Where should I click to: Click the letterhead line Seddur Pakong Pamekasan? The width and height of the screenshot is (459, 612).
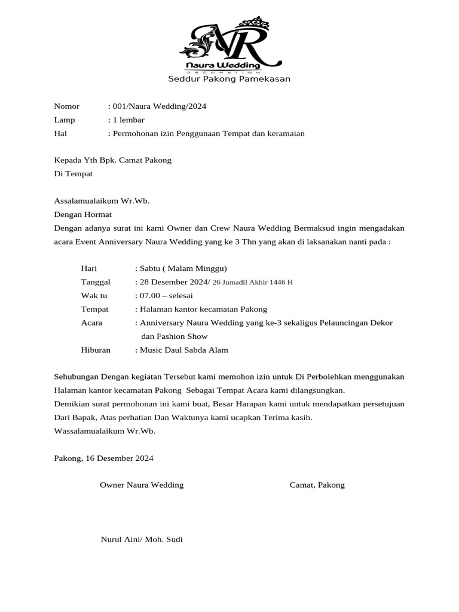coord(229,79)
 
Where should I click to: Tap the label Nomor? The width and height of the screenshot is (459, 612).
coord(67,106)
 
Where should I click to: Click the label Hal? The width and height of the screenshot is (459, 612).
coord(60,133)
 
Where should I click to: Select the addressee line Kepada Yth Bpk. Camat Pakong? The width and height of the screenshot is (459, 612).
coord(113,160)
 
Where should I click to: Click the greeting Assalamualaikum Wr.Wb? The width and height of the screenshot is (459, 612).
coord(102,201)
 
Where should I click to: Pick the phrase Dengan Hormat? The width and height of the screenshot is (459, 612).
coord(83,214)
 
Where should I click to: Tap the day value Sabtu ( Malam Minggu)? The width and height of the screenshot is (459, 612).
coord(183,268)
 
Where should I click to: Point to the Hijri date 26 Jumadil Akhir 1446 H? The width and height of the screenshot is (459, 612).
coord(253,282)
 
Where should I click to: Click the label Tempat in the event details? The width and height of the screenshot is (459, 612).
coord(95,309)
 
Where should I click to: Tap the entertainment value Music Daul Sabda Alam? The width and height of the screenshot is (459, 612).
coord(184,350)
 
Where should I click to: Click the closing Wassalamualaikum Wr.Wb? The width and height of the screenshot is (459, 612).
coord(105,431)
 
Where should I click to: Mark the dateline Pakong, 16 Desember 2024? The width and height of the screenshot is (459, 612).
coord(103,458)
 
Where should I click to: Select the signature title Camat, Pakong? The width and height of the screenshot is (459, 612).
coord(317,485)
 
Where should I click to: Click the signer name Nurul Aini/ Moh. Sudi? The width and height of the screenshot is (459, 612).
coord(142,539)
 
